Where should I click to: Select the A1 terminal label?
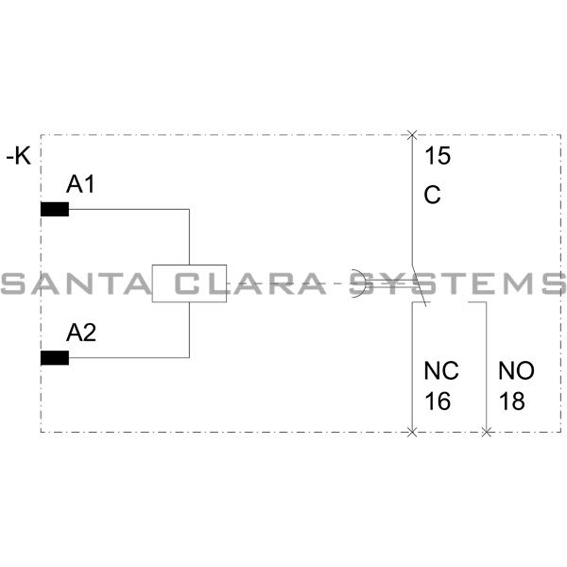pos(79,184)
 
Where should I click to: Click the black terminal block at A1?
pos(55,210)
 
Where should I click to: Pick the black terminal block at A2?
pos(55,357)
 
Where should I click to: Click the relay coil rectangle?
pos(189,283)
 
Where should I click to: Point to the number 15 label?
pos(437,156)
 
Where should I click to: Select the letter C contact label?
pos(433,196)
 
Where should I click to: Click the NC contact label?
pos(440,371)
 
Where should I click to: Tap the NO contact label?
pos(515,371)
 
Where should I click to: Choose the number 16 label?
pos(438,401)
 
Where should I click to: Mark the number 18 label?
pos(511,401)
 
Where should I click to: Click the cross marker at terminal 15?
pos(411,135)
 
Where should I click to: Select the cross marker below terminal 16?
pos(411,432)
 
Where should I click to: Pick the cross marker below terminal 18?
pos(486,432)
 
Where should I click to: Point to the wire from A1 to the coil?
pos(132,210)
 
